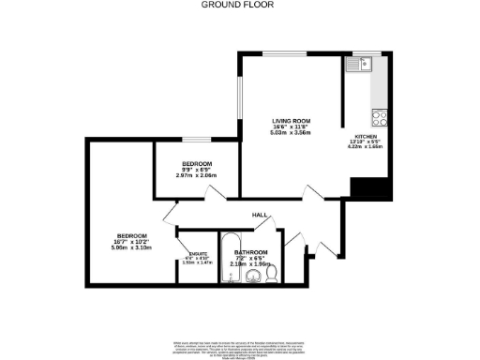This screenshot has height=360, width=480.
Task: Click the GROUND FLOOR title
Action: pyautogui.click(x=240, y=5)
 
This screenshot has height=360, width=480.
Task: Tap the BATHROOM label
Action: pyautogui.click(x=251, y=253)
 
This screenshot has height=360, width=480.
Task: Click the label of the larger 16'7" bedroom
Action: pyautogui.click(x=131, y=235)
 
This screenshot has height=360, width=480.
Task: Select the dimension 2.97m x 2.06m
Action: pyautogui.click(x=196, y=175)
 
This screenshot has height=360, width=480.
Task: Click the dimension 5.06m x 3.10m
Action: pyautogui.click(x=131, y=247)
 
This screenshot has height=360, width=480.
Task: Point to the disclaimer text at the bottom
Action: pyautogui.click(x=240, y=346)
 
